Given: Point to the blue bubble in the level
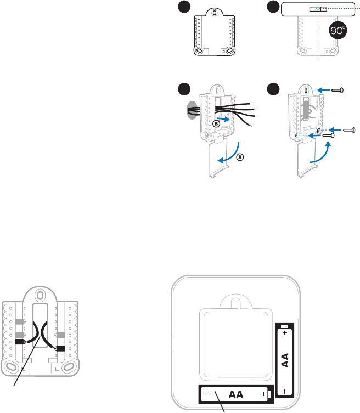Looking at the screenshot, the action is click(318, 9).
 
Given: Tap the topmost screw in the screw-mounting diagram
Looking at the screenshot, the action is click(336, 89).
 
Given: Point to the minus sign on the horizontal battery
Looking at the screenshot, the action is click(204, 394).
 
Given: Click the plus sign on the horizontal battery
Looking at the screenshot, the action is click(264, 394).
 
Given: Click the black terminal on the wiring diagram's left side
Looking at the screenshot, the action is click(20, 341).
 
